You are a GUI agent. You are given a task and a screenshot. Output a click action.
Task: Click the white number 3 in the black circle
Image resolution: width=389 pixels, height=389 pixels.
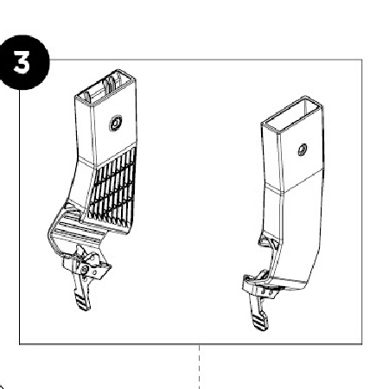tap(22, 63)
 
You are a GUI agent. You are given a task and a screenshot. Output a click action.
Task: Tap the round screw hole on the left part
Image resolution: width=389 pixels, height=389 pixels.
tap(116, 124)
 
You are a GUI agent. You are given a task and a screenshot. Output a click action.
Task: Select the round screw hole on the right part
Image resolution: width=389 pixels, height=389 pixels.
tap(303, 150)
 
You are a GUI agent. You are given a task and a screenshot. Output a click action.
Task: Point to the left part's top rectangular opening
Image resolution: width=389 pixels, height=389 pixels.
tap(105, 86)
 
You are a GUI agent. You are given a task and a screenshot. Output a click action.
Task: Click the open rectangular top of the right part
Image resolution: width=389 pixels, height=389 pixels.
tap(292, 114)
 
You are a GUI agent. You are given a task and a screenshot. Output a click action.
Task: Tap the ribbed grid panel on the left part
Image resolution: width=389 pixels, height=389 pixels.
tap(113, 188)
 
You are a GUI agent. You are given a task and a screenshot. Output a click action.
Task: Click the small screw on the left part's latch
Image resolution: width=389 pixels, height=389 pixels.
tap(84, 270)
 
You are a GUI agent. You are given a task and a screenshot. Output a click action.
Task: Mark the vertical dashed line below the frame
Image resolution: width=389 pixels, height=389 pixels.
tap(199, 367)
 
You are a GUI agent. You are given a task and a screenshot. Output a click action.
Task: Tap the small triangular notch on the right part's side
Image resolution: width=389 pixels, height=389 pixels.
tap(265, 240)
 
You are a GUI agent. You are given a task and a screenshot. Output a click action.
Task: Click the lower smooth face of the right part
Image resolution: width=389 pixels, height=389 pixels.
tap(301, 231)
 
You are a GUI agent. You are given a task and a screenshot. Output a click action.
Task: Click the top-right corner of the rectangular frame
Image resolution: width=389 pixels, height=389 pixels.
tap(362, 60)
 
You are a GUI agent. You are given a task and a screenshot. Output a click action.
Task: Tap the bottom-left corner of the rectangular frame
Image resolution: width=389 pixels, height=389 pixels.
tap(20, 344)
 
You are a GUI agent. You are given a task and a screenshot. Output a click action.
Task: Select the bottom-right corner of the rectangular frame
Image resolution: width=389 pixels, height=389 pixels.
tap(362, 344)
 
